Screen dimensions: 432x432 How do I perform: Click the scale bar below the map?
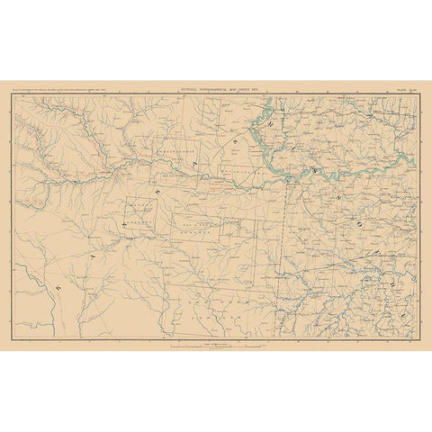pyautogui.click(x=216, y=346)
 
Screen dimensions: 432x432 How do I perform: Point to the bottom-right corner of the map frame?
pyautogui.click(x=418, y=338)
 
